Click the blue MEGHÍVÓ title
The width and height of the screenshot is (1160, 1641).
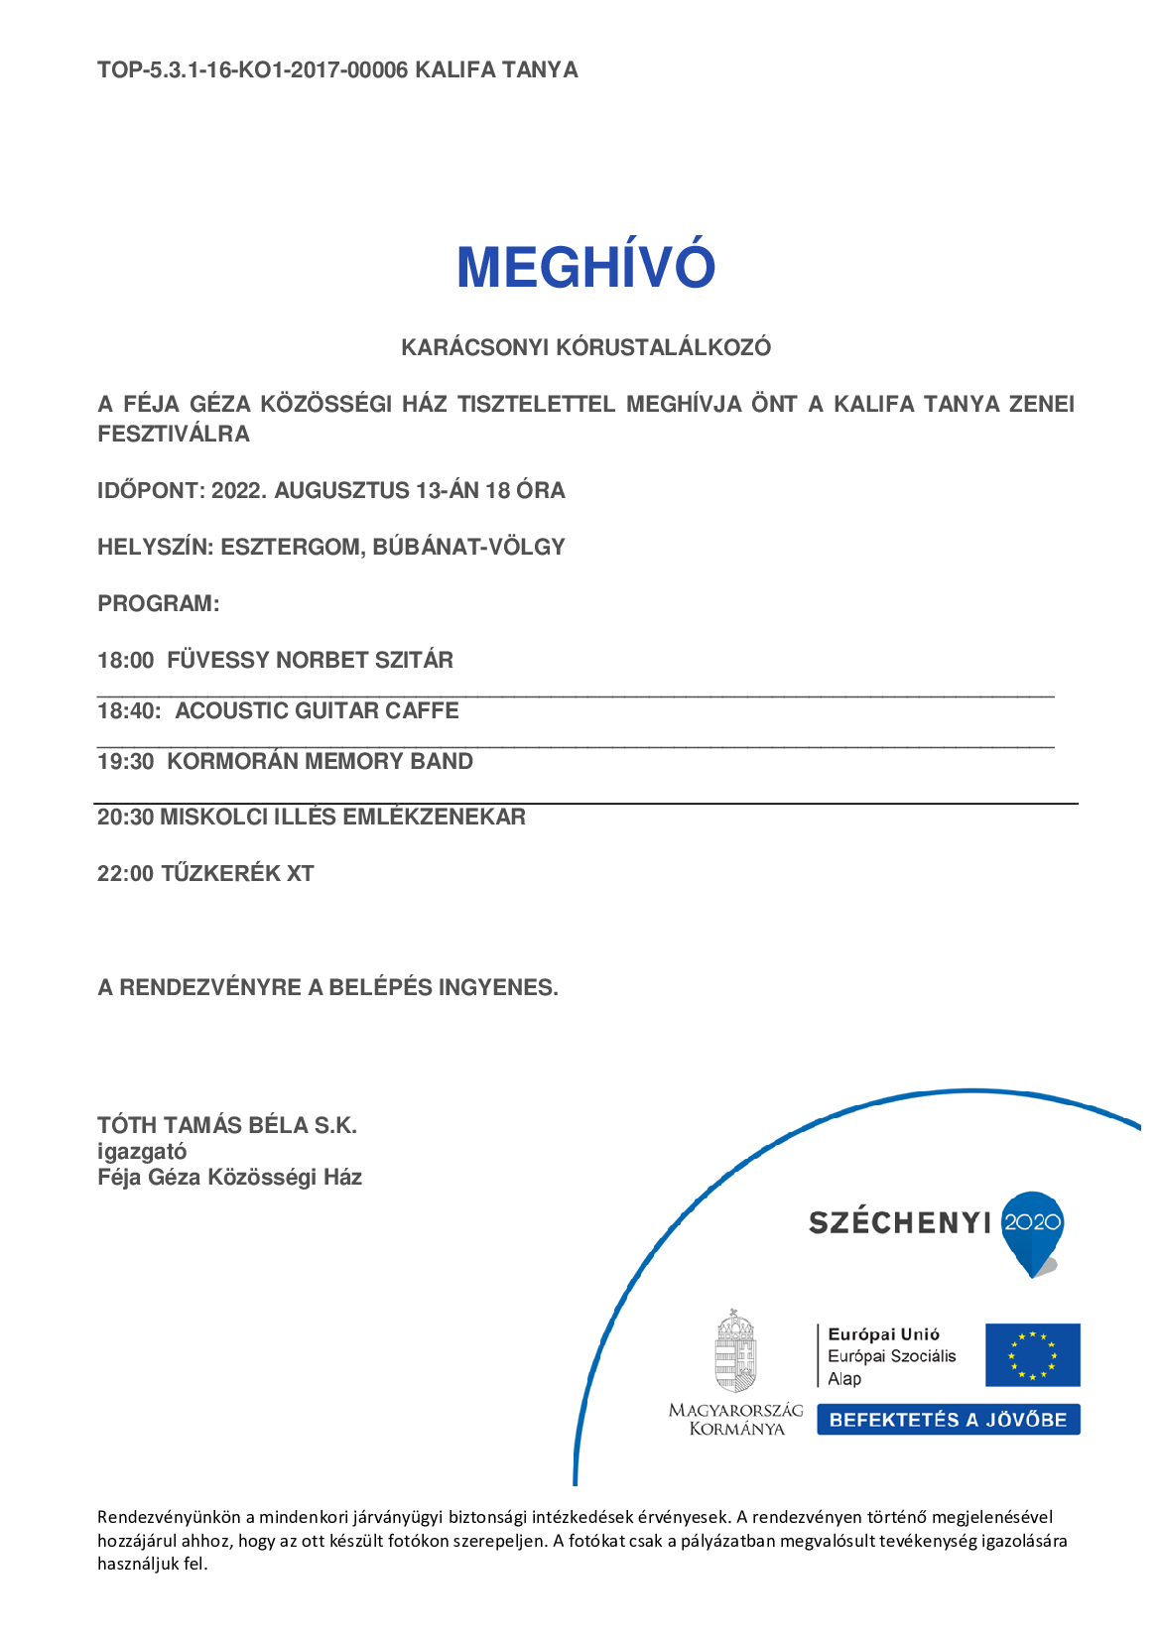tap(585, 267)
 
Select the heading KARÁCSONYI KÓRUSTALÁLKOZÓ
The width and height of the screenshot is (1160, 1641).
tap(585, 348)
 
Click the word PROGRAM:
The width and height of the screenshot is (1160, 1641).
tap(158, 604)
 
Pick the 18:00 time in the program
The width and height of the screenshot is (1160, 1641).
tap(125, 661)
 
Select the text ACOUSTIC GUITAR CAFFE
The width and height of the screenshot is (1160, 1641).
tap(317, 711)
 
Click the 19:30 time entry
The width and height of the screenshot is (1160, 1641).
tap(125, 762)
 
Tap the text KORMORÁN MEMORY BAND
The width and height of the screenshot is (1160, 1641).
tap(320, 762)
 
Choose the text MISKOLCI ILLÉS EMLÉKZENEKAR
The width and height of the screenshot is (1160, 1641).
tap(342, 818)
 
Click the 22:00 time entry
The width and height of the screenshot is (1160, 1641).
tap(125, 874)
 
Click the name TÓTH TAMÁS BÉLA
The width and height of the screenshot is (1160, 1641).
tap(202, 1126)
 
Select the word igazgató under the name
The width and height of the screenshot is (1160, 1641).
tap(142, 1152)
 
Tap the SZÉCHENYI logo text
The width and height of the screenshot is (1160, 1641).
tap(899, 1223)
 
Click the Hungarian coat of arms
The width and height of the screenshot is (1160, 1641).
tap(735, 1352)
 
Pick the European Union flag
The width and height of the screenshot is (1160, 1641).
tap(1032, 1355)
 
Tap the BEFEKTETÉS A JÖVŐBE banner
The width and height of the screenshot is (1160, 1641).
tap(948, 1420)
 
